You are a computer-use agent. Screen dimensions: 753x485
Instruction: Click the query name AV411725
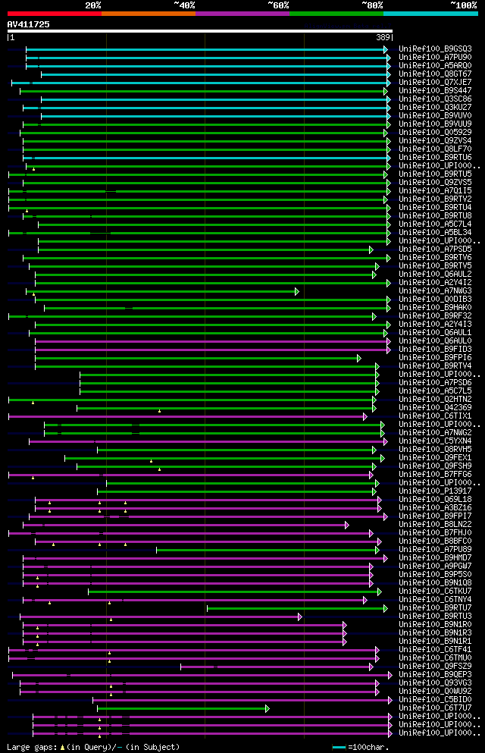coord(29,24)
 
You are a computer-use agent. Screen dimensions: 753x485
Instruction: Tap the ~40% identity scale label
coord(184,5)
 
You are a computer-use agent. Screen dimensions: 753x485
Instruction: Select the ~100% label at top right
coord(464,5)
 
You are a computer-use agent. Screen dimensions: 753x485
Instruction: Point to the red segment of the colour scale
coord(54,13)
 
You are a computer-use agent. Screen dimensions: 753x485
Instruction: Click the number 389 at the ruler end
coord(383,37)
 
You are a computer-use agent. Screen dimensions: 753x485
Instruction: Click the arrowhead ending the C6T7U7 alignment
coord(267,708)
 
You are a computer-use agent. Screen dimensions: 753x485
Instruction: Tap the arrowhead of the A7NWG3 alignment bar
coord(297,291)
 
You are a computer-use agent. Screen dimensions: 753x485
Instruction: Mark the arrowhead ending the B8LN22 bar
coord(347,525)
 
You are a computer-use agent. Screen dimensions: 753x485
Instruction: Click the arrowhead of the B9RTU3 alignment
coord(300,617)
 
